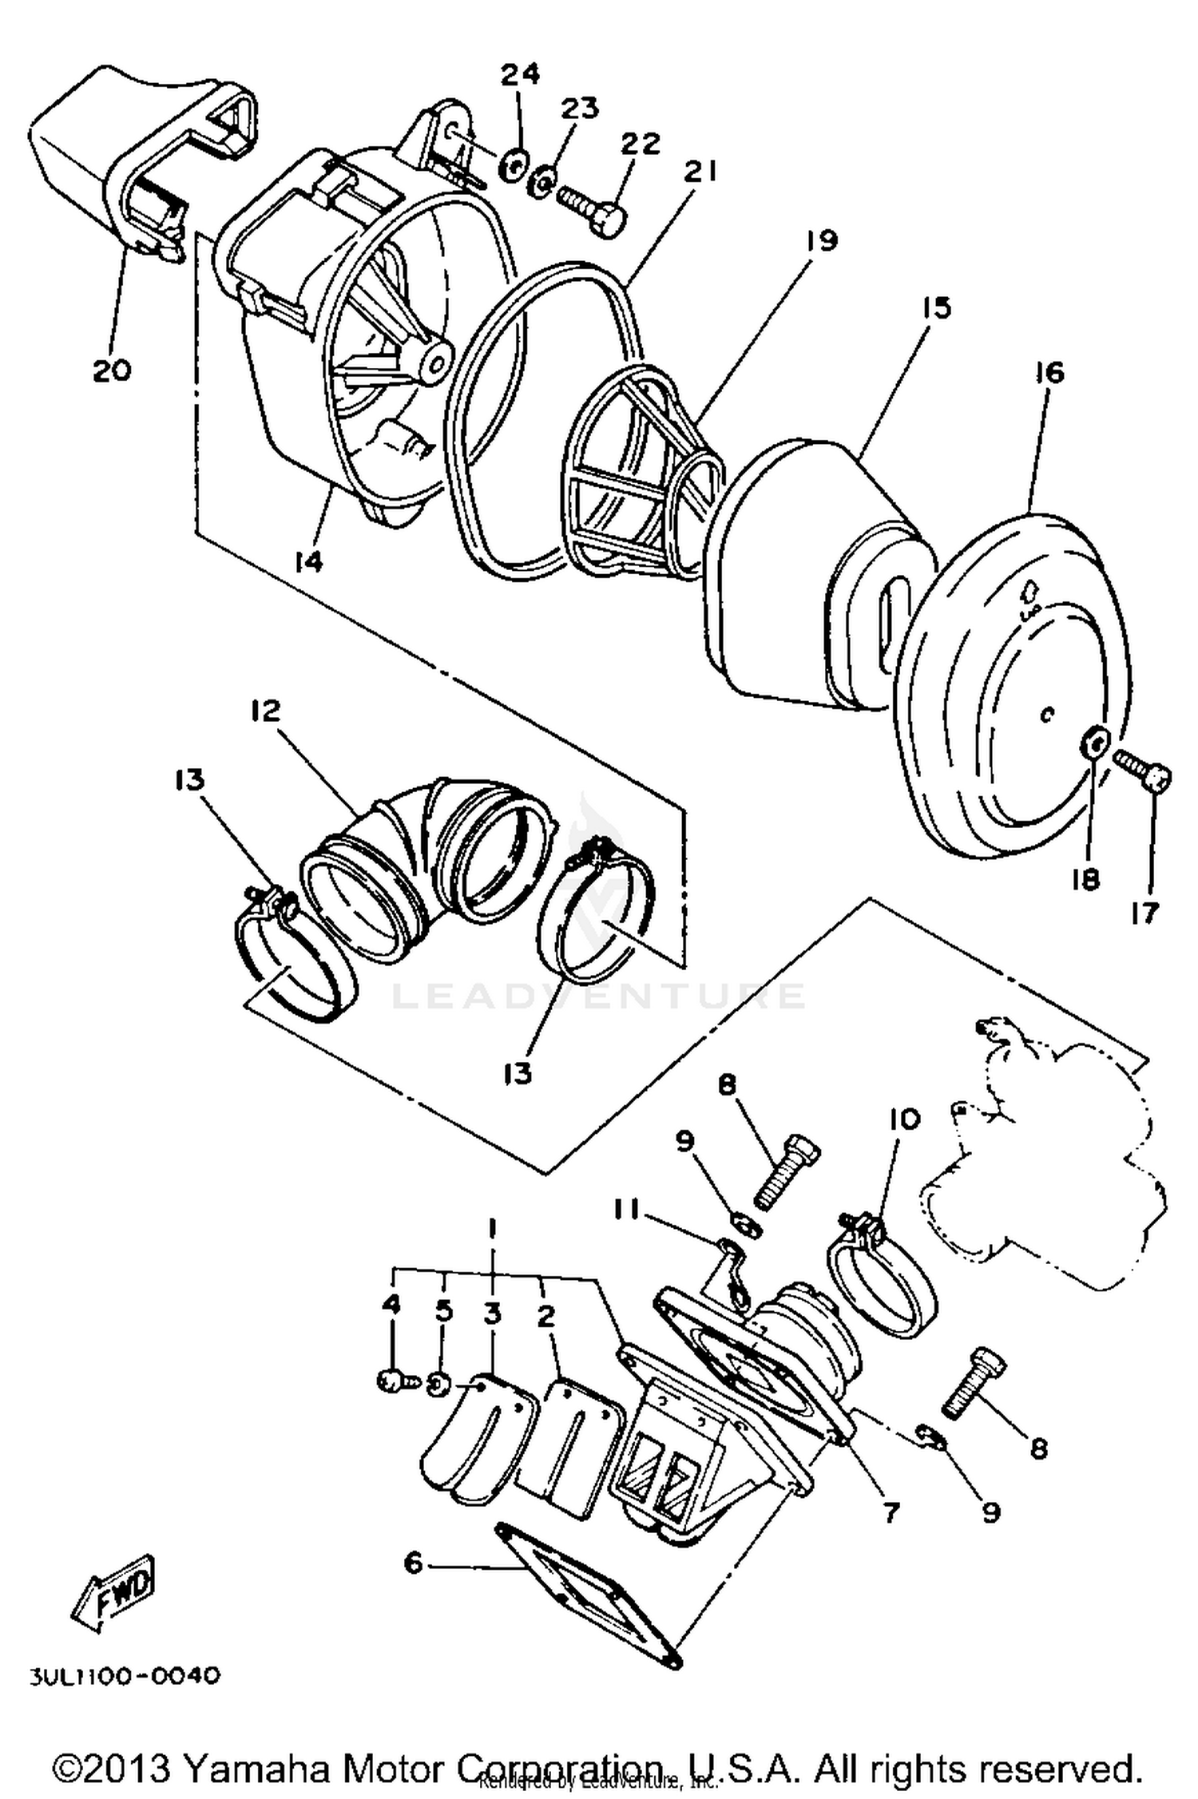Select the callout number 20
click(x=111, y=370)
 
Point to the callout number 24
click(x=520, y=74)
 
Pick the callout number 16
click(x=1051, y=372)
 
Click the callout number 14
click(x=307, y=562)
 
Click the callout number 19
click(x=822, y=240)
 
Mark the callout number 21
click(x=700, y=172)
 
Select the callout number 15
click(x=936, y=307)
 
